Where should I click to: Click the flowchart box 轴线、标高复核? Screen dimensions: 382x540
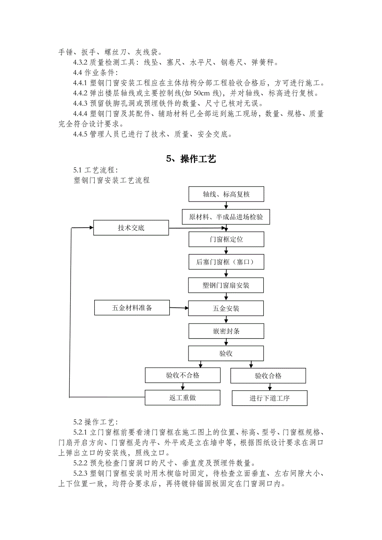pyautogui.click(x=226, y=194)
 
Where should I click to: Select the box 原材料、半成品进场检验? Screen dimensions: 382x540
pyautogui.click(x=226, y=216)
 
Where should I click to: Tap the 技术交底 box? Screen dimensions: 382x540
pyautogui.click(x=131, y=228)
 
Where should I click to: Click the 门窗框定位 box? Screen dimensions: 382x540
pyautogui.click(x=226, y=239)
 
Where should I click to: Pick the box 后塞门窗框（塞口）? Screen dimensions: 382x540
pyautogui.click(x=226, y=262)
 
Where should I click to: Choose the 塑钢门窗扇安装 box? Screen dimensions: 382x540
pyautogui.click(x=226, y=285)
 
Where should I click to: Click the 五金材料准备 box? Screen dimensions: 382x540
pyautogui.click(x=132, y=308)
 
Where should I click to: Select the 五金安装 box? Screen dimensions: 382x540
pyautogui.click(x=226, y=308)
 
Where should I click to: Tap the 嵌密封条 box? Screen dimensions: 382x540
pyautogui.click(x=226, y=331)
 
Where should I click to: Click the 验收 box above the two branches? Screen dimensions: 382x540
pyautogui.click(x=226, y=353)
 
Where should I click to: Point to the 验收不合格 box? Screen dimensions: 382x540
pyautogui.click(x=182, y=375)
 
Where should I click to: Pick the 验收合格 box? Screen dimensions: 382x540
pyautogui.click(x=268, y=376)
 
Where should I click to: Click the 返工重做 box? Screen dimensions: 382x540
pyautogui.click(x=182, y=398)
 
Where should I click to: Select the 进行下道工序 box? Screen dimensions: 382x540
pyautogui.click(x=269, y=398)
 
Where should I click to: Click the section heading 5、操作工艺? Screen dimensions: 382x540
pyautogui.click(x=191, y=159)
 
